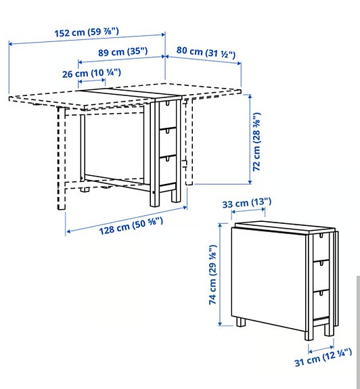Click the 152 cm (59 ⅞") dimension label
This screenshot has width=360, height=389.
pyautogui.click(x=87, y=31)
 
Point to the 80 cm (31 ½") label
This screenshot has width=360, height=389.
pyautogui.click(x=206, y=51)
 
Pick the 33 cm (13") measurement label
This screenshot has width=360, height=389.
pyautogui.click(x=246, y=202)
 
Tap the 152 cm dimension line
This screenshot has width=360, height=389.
pyautogui.click(x=87, y=39)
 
